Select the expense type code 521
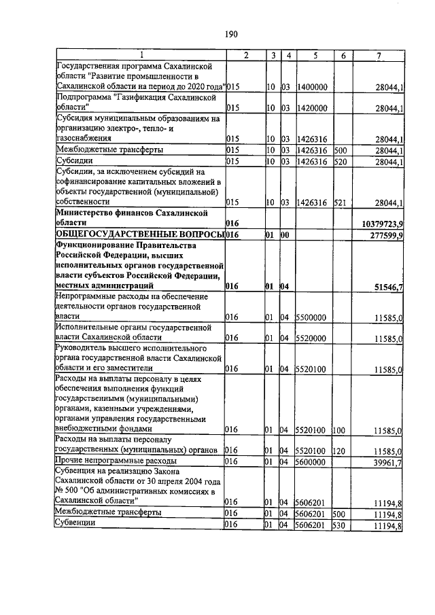[x=340, y=203]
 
